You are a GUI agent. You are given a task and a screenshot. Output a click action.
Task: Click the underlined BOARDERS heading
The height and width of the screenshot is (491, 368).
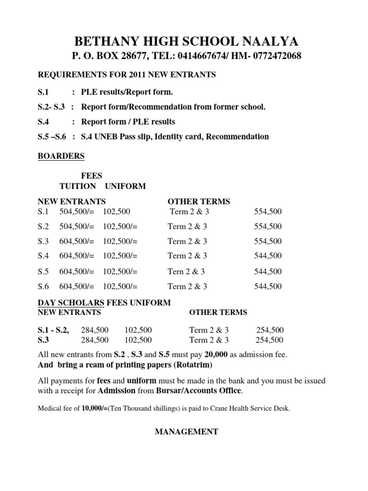tap(61, 156)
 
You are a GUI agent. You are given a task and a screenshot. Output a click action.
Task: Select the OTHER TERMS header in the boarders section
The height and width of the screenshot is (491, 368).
tap(198, 201)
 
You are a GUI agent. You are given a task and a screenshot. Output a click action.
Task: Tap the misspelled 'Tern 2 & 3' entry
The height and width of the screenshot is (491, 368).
tap(186, 271)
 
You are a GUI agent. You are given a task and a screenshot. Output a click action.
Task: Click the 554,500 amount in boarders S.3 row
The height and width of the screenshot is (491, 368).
tap(268, 241)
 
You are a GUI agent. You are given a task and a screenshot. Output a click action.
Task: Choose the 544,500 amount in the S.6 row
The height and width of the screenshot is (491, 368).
tap(268, 287)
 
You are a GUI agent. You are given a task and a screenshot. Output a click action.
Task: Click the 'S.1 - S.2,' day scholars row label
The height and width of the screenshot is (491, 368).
tap(53, 330)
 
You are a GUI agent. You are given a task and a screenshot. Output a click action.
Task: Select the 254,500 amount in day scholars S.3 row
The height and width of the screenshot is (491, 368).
tap(270, 340)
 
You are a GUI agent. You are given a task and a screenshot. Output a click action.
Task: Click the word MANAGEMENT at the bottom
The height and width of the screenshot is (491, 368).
tap(186, 432)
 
